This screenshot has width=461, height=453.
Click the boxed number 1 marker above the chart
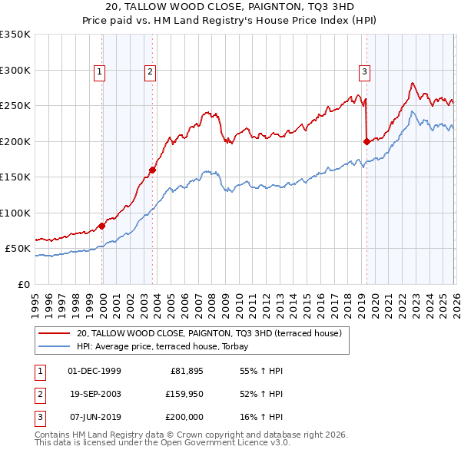point(100,72)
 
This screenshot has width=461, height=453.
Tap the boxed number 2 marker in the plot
point(150,72)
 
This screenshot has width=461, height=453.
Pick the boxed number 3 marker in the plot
point(363,72)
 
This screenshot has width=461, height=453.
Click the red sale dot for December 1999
point(101,226)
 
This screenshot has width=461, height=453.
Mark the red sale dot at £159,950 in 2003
point(153,170)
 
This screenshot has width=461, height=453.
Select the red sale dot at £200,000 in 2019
point(366,141)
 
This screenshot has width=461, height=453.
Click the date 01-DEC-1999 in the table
point(95,371)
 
